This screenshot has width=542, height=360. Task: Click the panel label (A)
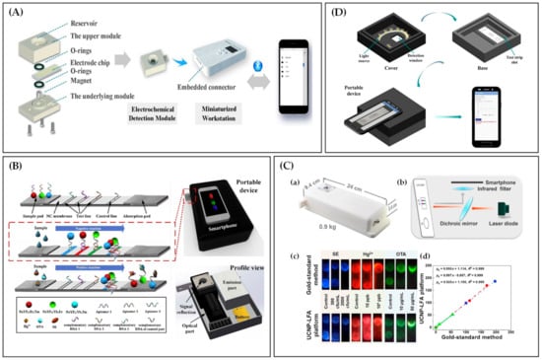coord(15,12)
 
